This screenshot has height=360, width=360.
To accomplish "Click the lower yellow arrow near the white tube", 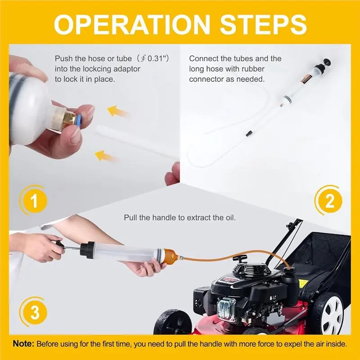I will [x=107, y=156].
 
